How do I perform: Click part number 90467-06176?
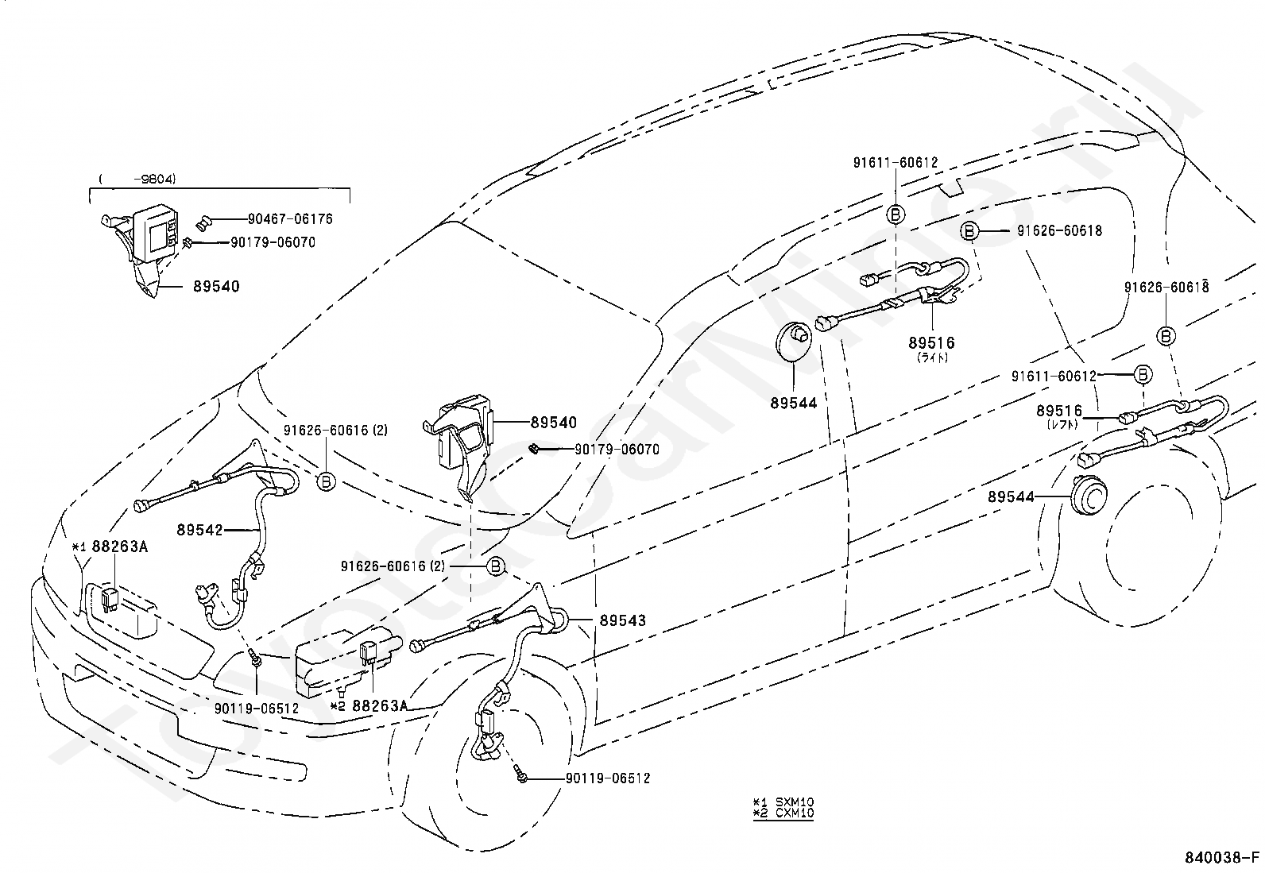tap(290, 219)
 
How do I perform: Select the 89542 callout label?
tap(200, 530)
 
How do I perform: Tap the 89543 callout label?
tap(622, 620)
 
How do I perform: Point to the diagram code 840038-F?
tap(1222, 858)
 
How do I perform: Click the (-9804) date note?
tap(137, 179)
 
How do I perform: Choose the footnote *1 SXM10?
tap(783, 802)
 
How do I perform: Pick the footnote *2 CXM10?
tap(783, 813)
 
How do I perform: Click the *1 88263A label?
tap(110, 547)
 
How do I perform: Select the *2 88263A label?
tap(369, 706)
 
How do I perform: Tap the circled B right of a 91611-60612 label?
tap(1143, 374)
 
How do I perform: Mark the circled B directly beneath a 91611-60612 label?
tap(896, 214)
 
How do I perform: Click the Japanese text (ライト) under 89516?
tap(932, 357)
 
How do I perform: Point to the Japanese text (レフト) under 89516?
tap(1062, 425)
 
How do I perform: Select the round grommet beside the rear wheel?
tap(1089, 496)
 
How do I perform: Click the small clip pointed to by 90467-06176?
tap(203, 223)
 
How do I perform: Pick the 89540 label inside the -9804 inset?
tap(216, 286)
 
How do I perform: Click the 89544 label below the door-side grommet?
tap(794, 404)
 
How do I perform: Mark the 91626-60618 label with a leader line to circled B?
tap(1059, 231)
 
